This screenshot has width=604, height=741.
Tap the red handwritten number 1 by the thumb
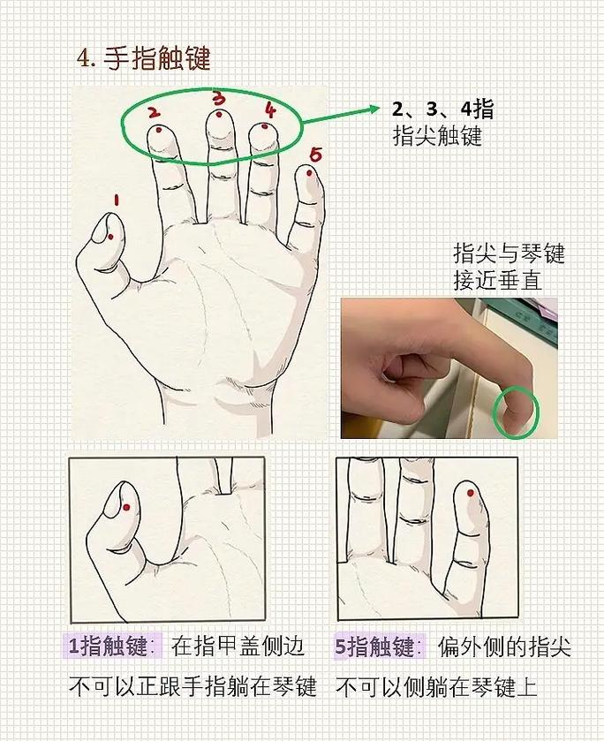tap(116, 200)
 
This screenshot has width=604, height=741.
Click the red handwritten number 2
tap(153, 112)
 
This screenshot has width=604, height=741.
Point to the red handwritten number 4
tap(270, 110)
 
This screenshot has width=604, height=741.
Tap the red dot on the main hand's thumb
tap(109, 236)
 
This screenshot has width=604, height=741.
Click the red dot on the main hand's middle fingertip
tap(218, 114)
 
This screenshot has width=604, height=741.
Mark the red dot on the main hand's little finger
tap(308, 173)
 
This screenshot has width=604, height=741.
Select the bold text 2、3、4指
tap(442, 110)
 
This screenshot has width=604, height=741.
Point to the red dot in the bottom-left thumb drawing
tap(126, 506)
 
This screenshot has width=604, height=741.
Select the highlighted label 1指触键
tap(111, 646)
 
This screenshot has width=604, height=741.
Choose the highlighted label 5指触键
tap(377, 646)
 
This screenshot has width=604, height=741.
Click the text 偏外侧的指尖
tap(504, 646)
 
